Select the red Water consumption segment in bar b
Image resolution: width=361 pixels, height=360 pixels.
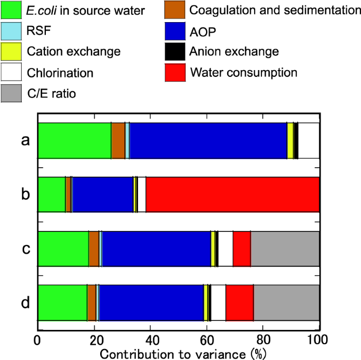[x=232, y=194]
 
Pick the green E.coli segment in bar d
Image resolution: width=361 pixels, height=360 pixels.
[x=62, y=303]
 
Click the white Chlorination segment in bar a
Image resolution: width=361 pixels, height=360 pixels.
[x=309, y=140]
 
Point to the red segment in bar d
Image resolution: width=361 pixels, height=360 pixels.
[x=239, y=303]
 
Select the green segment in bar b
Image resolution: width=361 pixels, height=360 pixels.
[x=51, y=194]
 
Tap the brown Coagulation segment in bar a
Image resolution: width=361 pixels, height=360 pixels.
[x=118, y=140]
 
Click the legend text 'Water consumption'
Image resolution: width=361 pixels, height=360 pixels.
[x=244, y=72]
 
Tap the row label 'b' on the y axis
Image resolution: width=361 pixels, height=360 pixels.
[x=25, y=194]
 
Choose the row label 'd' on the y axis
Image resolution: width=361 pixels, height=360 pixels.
[x=25, y=303]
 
